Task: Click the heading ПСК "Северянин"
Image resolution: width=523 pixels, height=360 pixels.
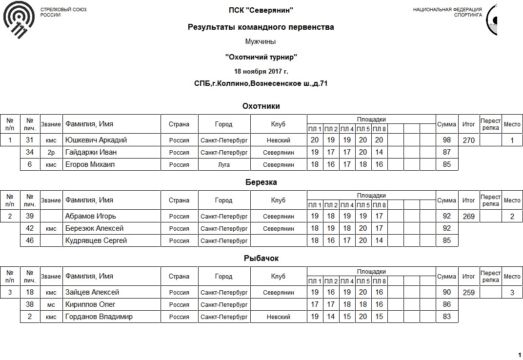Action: (x=261, y=10)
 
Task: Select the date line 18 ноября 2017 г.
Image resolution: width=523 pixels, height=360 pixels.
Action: (x=261, y=71)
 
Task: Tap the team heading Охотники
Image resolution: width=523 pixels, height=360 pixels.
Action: (x=261, y=106)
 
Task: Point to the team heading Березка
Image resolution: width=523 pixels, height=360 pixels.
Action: (x=261, y=182)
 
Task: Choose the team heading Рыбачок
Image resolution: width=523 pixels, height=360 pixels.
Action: (x=261, y=258)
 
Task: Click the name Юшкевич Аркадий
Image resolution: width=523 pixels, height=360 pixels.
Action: (x=96, y=140)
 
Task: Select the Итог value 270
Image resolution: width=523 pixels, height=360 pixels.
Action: (x=468, y=140)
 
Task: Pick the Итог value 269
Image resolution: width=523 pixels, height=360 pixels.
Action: (x=468, y=217)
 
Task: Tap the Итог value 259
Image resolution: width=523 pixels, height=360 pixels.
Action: (x=468, y=293)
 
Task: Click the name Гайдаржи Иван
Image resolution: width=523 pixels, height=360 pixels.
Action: (x=91, y=152)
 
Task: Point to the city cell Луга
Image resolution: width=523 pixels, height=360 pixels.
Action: (x=223, y=165)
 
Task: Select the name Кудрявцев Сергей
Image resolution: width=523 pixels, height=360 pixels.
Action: (x=96, y=240)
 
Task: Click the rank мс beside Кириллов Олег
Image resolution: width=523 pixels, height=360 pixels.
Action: (x=51, y=305)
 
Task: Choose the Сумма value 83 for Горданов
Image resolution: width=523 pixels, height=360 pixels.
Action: (x=446, y=317)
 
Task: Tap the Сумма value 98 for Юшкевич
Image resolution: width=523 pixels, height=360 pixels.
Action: (x=446, y=140)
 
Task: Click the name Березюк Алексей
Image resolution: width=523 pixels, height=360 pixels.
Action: (x=94, y=228)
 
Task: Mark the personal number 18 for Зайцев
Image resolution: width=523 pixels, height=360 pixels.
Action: (x=30, y=292)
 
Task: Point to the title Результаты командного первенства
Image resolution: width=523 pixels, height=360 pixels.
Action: (x=261, y=27)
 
